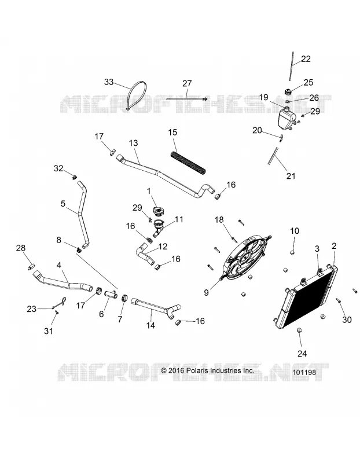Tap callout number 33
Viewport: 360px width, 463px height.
[109, 82]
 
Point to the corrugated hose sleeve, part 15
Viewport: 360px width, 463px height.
[188, 163]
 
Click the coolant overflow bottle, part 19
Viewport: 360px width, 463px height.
[286, 118]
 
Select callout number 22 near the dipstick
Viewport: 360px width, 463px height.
[306, 59]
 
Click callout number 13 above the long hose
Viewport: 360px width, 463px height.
[134, 143]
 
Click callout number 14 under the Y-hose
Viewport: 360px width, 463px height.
[151, 325]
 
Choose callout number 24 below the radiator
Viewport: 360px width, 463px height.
[302, 353]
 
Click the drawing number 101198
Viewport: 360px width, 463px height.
[304, 372]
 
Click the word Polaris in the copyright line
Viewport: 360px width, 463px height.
[197, 370]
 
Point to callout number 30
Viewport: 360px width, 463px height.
[347, 319]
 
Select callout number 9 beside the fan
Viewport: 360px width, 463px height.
[207, 292]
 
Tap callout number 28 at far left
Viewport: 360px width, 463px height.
[21, 248]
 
